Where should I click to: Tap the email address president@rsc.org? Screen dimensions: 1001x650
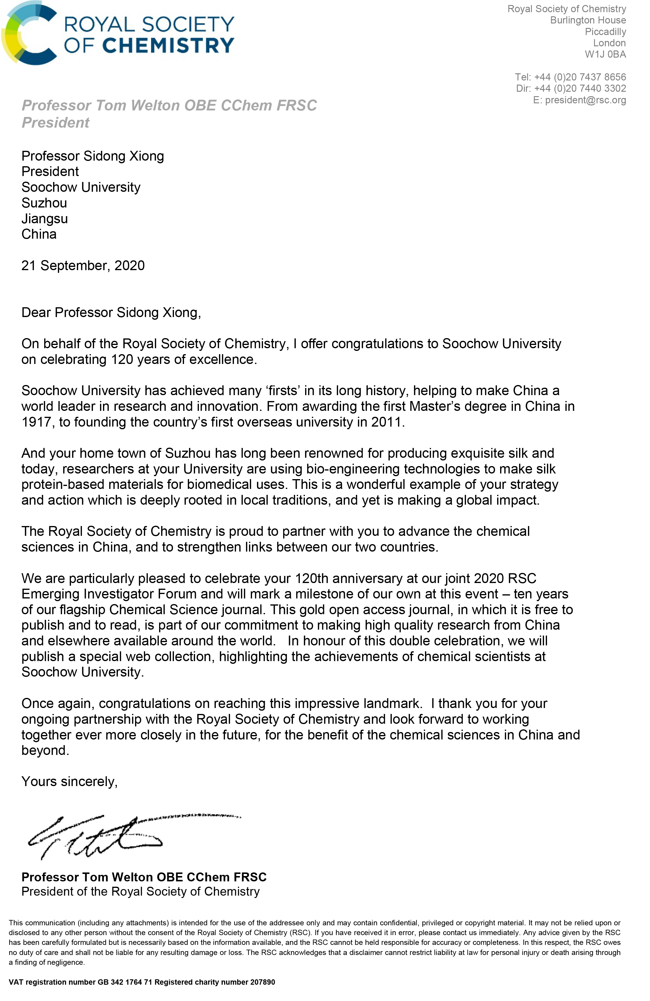pos(585,100)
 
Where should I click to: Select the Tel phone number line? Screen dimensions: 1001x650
pos(570,77)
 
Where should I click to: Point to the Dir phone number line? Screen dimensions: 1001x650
pos(571,88)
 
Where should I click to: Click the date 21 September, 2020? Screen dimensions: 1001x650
pos(83,265)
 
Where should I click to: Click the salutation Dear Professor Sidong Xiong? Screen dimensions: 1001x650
pos(111,313)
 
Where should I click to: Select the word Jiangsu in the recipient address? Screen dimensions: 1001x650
pos(45,219)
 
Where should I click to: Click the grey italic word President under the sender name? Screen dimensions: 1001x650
pos(56,123)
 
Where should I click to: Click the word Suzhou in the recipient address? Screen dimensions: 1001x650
pos(44,203)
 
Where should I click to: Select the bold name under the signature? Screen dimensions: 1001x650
pos(144,877)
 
